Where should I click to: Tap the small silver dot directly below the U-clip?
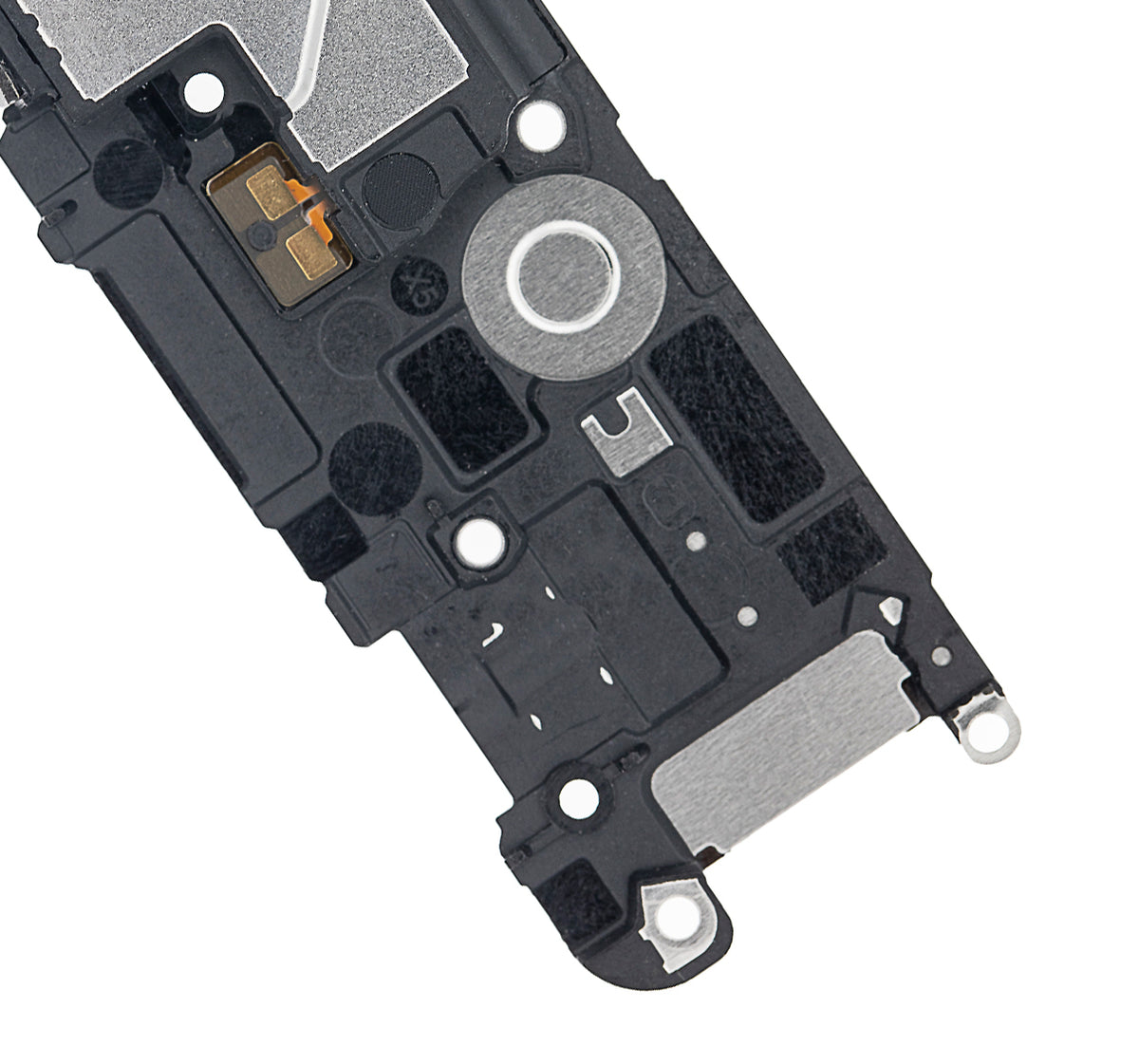pos(697,541)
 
